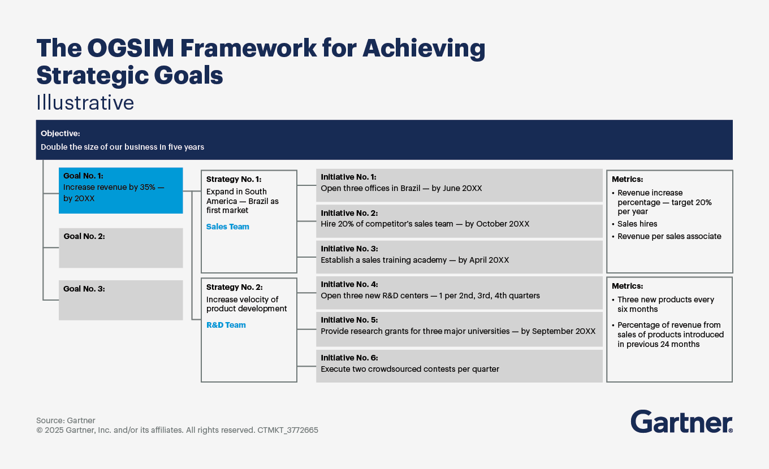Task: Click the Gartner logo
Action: [681, 422]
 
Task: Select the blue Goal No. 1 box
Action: [121, 190]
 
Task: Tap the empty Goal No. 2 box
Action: [121, 247]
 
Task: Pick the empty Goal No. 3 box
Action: [121, 300]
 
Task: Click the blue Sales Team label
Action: [228, 227]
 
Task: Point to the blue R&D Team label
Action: [226, 325]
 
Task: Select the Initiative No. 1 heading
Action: [348, 177]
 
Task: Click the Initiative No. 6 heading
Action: [349, 358]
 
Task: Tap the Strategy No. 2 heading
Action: [234, 287]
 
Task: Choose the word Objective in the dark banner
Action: [60, 133]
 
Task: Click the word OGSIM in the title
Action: [131, 48]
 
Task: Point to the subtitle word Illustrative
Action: [85, 102]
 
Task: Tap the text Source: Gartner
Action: [66, 420]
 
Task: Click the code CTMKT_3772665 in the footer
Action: [288, 430]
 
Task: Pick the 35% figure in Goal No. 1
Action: [148, 188]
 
